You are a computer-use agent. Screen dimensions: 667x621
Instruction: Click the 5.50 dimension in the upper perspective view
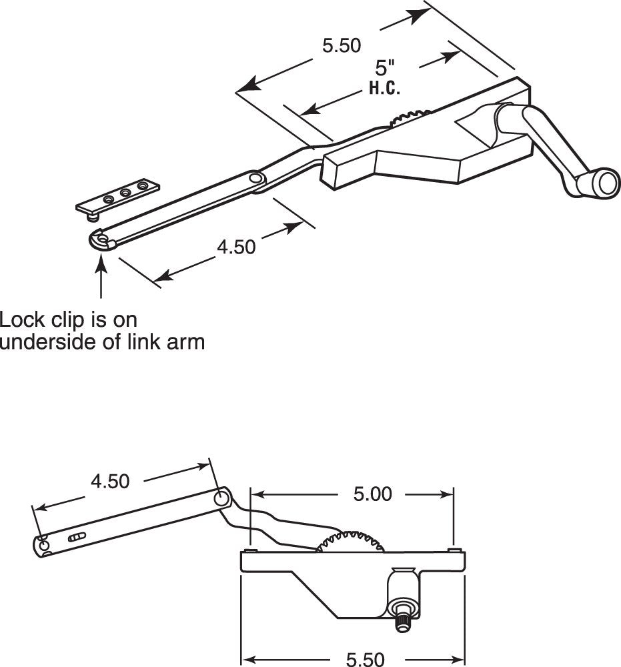point(341,46)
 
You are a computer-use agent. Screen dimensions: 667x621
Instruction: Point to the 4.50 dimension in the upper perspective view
point(236,247)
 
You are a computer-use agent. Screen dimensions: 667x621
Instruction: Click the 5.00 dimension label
point(372,494)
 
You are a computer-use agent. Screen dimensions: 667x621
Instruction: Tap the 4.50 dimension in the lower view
point(110,482)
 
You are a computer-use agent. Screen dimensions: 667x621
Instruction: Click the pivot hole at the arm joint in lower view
point(221,498)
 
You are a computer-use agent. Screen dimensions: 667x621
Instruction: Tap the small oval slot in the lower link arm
point(77,536)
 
